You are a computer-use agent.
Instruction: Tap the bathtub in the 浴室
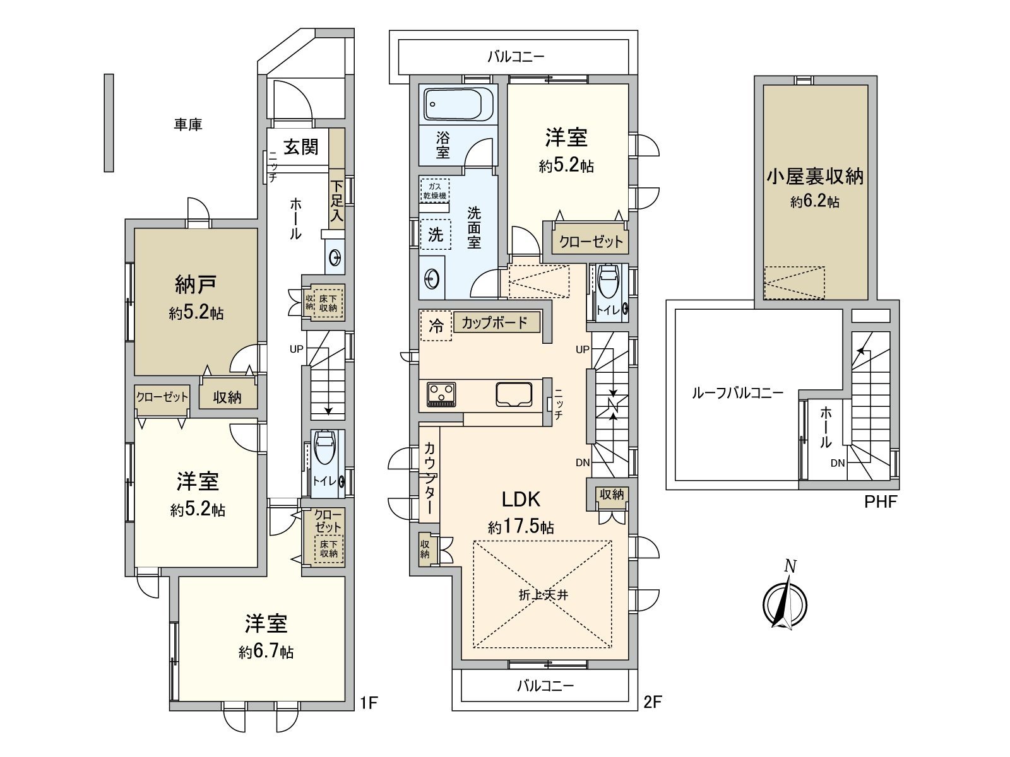click(x=456, y=103)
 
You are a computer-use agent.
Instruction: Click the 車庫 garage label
click(x=188, y=125)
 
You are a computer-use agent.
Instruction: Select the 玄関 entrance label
click(x=300, y=148)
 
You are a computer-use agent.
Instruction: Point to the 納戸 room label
click(x=196, y=286)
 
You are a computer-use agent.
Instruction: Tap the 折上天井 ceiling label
click(x=540, y=594)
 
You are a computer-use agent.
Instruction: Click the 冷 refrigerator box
click(x=436, y=326)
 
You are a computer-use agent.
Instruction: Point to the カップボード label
click(x=494, y=323)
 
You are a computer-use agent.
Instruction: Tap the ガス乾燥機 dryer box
click(x=434, y=188)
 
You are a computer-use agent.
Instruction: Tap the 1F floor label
click(x=368, y=701)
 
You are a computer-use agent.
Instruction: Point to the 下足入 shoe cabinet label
click(x=336, y=201)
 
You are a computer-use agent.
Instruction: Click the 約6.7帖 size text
click(x=265, y=652)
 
